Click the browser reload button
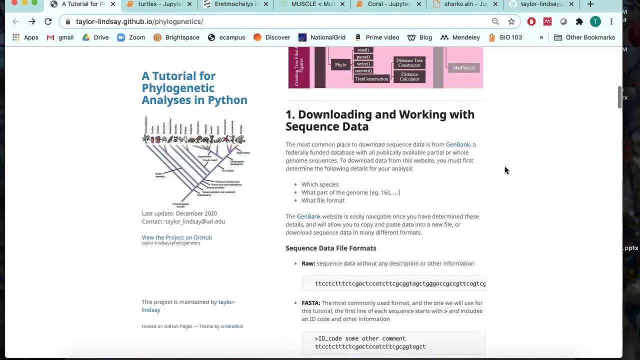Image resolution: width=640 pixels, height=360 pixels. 48,21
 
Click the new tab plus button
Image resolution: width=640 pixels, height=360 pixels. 590,4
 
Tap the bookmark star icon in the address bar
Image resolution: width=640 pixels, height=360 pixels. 511,21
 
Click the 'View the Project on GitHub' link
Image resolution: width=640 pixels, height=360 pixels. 176,237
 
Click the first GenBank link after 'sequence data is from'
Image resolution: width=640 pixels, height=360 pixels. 457,144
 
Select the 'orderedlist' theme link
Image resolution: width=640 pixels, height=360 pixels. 231,326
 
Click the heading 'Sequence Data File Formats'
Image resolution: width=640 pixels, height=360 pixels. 330,248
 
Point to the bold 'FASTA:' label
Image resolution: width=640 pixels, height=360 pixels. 310,303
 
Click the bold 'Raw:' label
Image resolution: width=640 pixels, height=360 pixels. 308,263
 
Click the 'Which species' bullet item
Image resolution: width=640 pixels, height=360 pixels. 320,184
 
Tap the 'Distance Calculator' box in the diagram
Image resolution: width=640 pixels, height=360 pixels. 409,76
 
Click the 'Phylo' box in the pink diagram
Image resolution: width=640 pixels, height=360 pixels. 340,65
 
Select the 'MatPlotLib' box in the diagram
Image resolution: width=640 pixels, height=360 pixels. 463,68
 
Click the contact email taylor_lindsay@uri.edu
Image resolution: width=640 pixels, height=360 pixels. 195,221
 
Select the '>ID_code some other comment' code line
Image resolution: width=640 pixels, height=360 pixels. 360,338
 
